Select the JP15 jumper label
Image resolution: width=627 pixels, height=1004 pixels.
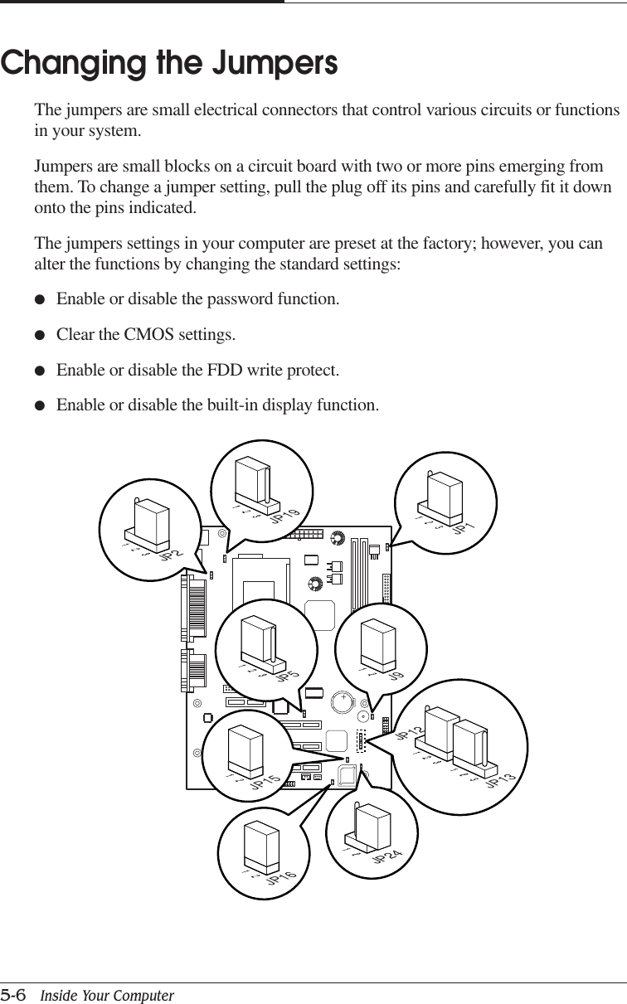tap(265, 781)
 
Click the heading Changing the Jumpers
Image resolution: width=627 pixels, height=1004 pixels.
tap(169, 63)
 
